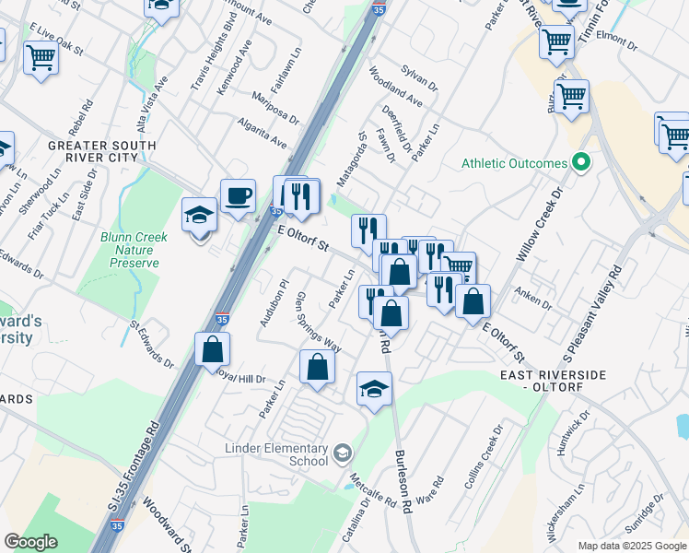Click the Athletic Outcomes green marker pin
coord(580,163)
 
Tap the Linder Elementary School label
coord(276,454)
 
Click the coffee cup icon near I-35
coord(238,196)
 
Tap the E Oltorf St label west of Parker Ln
coord(304,242)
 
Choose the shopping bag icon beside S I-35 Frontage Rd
coord(213,350)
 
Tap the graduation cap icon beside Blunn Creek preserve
coord(199,216)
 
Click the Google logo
coord(31,542)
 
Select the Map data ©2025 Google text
coord(632,546)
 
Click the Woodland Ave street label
coord(396,85)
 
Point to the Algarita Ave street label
coord(262,132)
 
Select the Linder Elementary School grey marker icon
coord(343,452)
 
